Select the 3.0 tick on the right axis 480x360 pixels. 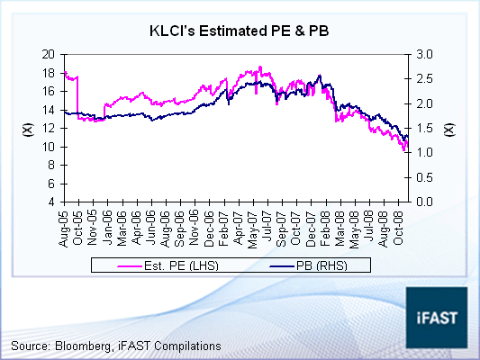pos(425,54)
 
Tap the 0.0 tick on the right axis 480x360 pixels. pos(425,202)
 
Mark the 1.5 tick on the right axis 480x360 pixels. pos(425,128)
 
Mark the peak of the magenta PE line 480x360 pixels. pos(260,67)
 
